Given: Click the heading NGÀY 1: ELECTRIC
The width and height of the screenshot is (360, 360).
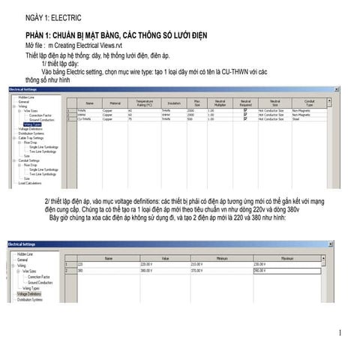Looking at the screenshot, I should [53, 16].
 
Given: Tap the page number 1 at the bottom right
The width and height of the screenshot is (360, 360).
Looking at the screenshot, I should [340, 333].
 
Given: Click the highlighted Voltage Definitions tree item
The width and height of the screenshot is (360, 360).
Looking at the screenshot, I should [30, 295].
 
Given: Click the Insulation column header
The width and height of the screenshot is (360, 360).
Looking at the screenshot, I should [174, 103].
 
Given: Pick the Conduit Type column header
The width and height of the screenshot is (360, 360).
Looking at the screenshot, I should [309, 103].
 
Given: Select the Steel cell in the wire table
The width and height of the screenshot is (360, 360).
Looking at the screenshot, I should [295, 118].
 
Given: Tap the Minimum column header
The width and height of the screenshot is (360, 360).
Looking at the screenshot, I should [217, 258].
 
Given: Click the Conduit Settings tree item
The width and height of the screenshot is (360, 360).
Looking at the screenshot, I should [29, 160].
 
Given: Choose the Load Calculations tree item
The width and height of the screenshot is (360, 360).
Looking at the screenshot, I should [31, 182].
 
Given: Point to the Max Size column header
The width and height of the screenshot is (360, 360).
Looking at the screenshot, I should [197, 103].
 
